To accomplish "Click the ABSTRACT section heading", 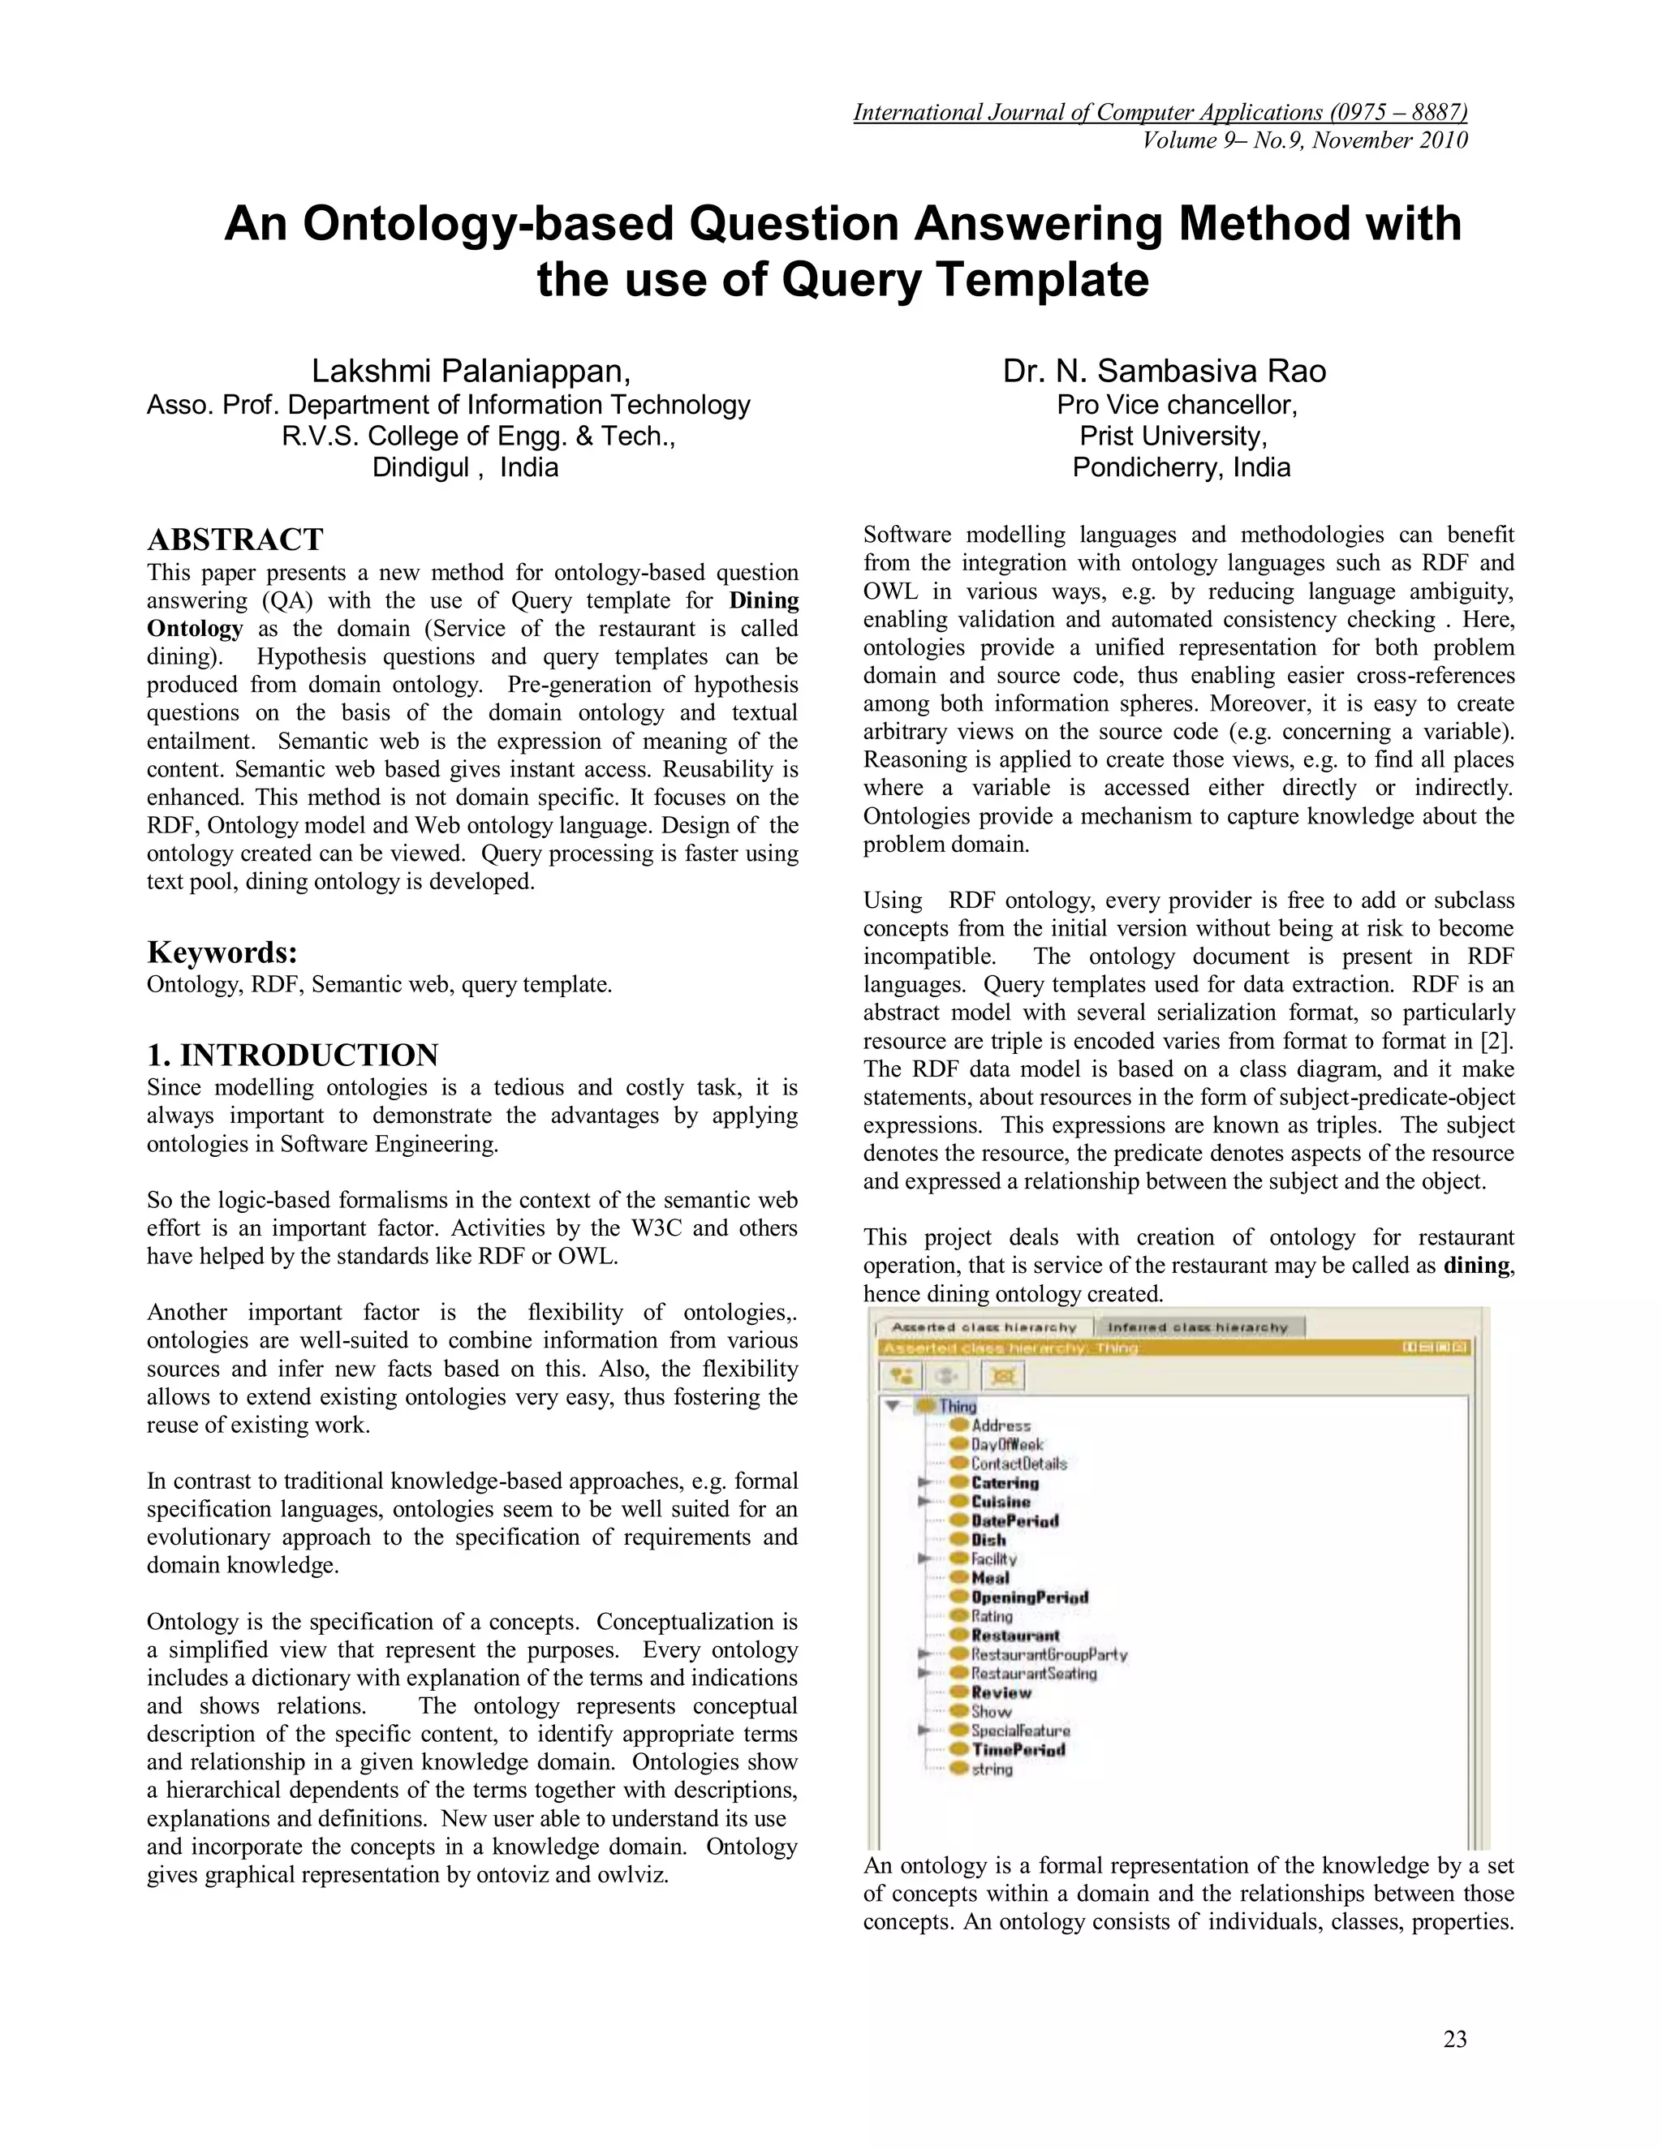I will click(235, 540).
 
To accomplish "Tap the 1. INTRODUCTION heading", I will click(292, 1055).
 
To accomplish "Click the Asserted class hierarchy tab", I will click(984, 1327).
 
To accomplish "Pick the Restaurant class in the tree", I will click(1014, 1635).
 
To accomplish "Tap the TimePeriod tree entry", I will click(1017, 1749).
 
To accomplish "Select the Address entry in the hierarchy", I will click(1001, 1425).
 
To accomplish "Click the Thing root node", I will click(956, 1406).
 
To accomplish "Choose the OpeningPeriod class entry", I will click(1029, 1597).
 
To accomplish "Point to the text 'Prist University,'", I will click(1173, 436).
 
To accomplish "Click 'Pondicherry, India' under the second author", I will click(1181, 467).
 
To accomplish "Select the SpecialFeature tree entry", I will click(1019, 1731).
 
